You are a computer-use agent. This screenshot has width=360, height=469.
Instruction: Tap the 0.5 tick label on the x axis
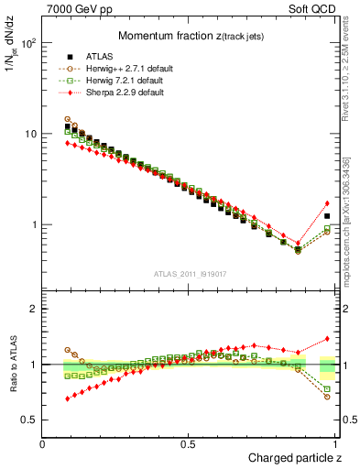tap(188, 443)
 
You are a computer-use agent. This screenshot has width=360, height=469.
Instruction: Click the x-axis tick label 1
tap(335, 443)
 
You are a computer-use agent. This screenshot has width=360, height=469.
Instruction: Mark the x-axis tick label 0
tap(42, 443)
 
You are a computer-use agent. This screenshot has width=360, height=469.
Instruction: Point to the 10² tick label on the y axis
tap(27, 43)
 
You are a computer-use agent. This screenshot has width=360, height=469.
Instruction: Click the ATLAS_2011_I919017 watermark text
tap(189, 273)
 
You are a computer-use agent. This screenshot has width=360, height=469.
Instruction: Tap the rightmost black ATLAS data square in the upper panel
tap(327, 216)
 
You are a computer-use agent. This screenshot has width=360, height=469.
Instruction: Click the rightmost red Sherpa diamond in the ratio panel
tap(327, 338)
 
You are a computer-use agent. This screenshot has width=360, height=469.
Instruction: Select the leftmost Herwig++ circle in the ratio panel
tap(67, 350)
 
